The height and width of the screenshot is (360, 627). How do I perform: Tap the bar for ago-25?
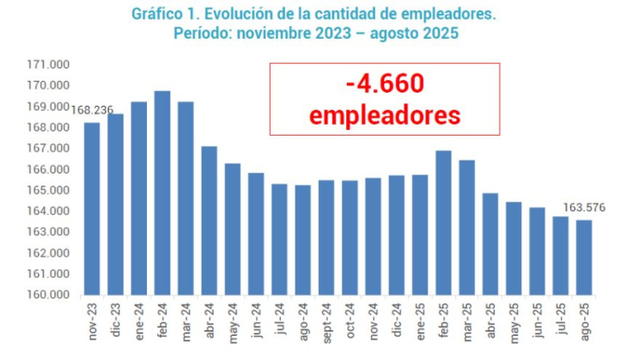pyautogui.click(x=584, y=257)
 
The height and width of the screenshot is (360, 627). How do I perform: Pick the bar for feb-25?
pyautogui.click(x=443, y=223)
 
